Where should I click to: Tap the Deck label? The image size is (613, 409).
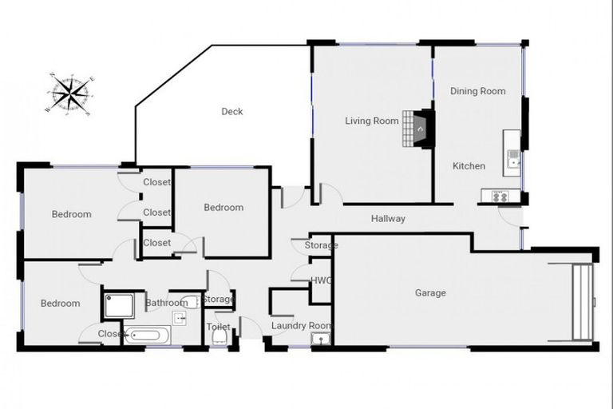click(x=231, y=112)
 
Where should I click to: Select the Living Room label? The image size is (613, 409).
click(x=371, y=121)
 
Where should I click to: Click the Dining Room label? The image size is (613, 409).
click(x=477, y=91)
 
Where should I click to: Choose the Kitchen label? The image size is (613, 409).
click(x=469, y=166)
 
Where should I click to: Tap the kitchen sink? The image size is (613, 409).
click(x=512, y=157)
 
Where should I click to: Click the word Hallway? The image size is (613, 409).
click(x=388, y=219)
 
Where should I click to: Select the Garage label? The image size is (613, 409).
click(x=430, y=293)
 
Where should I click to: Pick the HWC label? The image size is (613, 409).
click(x=320, y=280)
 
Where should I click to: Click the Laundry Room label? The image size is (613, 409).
click(x=300, y=326)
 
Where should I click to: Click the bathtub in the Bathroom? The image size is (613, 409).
click(x=147, y=335)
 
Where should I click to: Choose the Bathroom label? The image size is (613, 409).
click(x=166, y=303)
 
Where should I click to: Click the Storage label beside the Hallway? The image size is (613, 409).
click(x=321, y=245)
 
